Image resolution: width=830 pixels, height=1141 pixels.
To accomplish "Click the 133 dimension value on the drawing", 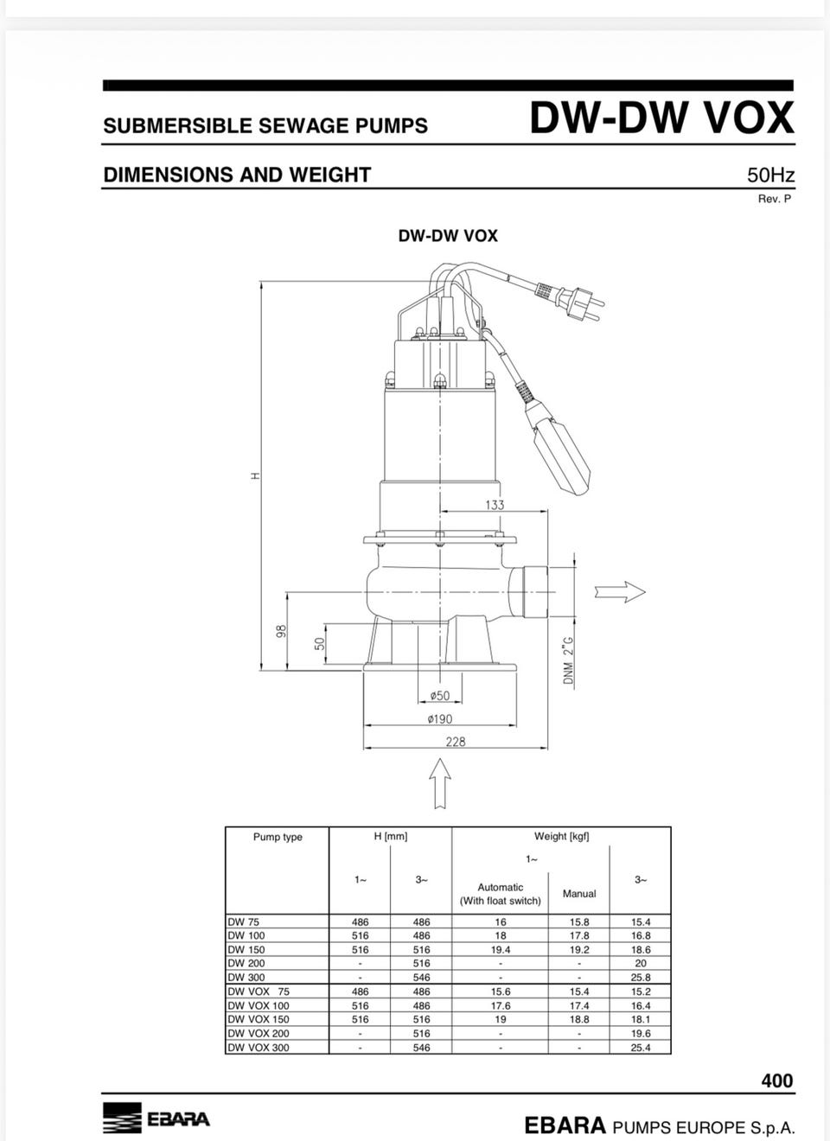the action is click(495, 504).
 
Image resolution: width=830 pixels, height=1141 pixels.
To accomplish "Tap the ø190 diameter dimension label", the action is click(440, 718).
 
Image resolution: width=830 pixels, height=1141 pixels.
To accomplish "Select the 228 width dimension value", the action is click(456, 742).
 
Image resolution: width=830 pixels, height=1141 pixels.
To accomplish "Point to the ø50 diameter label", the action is click(440, 695).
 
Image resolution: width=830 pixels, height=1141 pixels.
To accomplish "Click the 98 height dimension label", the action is click(281, 631).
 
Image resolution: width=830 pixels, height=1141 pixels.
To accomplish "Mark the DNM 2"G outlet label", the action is click(569, 660).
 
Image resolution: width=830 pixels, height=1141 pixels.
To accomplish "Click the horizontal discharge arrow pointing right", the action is click(620, 592).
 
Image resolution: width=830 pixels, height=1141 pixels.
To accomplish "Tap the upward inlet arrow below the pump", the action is click(440, 783).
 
